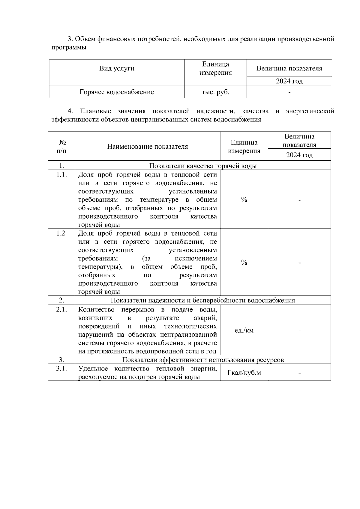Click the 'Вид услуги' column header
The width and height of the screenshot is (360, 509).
pyautogui.click(x=117, y=69)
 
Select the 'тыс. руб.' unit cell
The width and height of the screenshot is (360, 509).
pyautogui.click(x=215, y=92)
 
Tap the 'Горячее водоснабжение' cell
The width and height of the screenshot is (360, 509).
pyautogui.click(x=117, y=92)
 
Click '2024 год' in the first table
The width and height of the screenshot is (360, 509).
pyautogui.click(x=289, y=81)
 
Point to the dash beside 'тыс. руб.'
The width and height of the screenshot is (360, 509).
pyautogui.click(x=289, y=92)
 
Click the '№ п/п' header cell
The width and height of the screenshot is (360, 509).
pyautogui.click(x=61, y=146)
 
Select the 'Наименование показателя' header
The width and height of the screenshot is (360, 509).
pyautogui.click(x=147, y=147)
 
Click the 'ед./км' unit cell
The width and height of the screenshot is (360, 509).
pyautogui.click(x=244, y=331)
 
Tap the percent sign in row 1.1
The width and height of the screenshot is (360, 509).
pyautogui.click(x=244, y=200)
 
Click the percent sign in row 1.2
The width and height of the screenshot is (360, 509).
pyautogui.click(x=244, y=263)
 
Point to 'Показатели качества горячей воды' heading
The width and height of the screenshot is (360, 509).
pyautogui.click(x=203, y=166)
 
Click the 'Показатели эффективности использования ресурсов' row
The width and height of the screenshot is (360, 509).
pyautogui.click(x=203, y=360)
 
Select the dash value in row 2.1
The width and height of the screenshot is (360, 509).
pyautogui.click(x=299, y=331)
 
